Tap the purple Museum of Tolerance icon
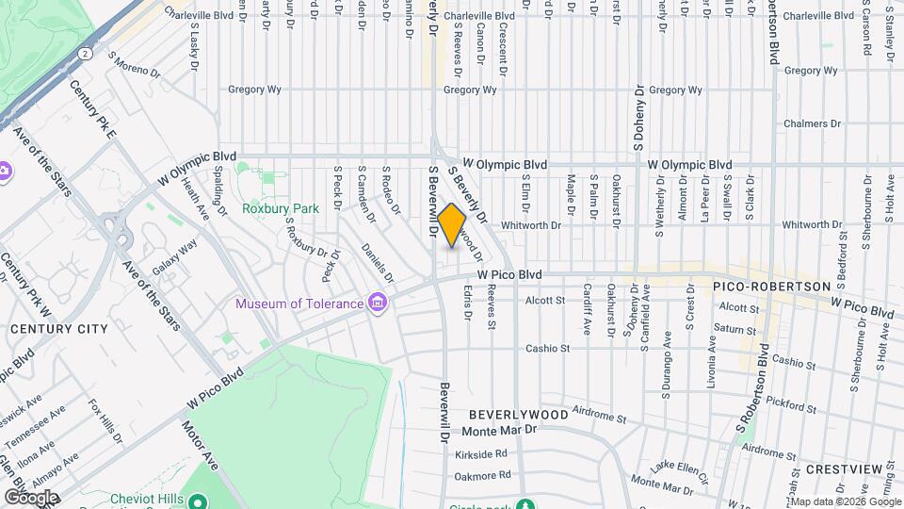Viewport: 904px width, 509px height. coord(378,303)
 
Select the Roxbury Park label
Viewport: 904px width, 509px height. coord(270,208)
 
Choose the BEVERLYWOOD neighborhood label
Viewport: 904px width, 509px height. coord(519,415)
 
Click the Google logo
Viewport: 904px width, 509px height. coord(31,497)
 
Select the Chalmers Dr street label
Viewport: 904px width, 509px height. coord(812,123)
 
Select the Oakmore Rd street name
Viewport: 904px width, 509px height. coord(486,475)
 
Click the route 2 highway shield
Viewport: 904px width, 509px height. coord(86,54)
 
